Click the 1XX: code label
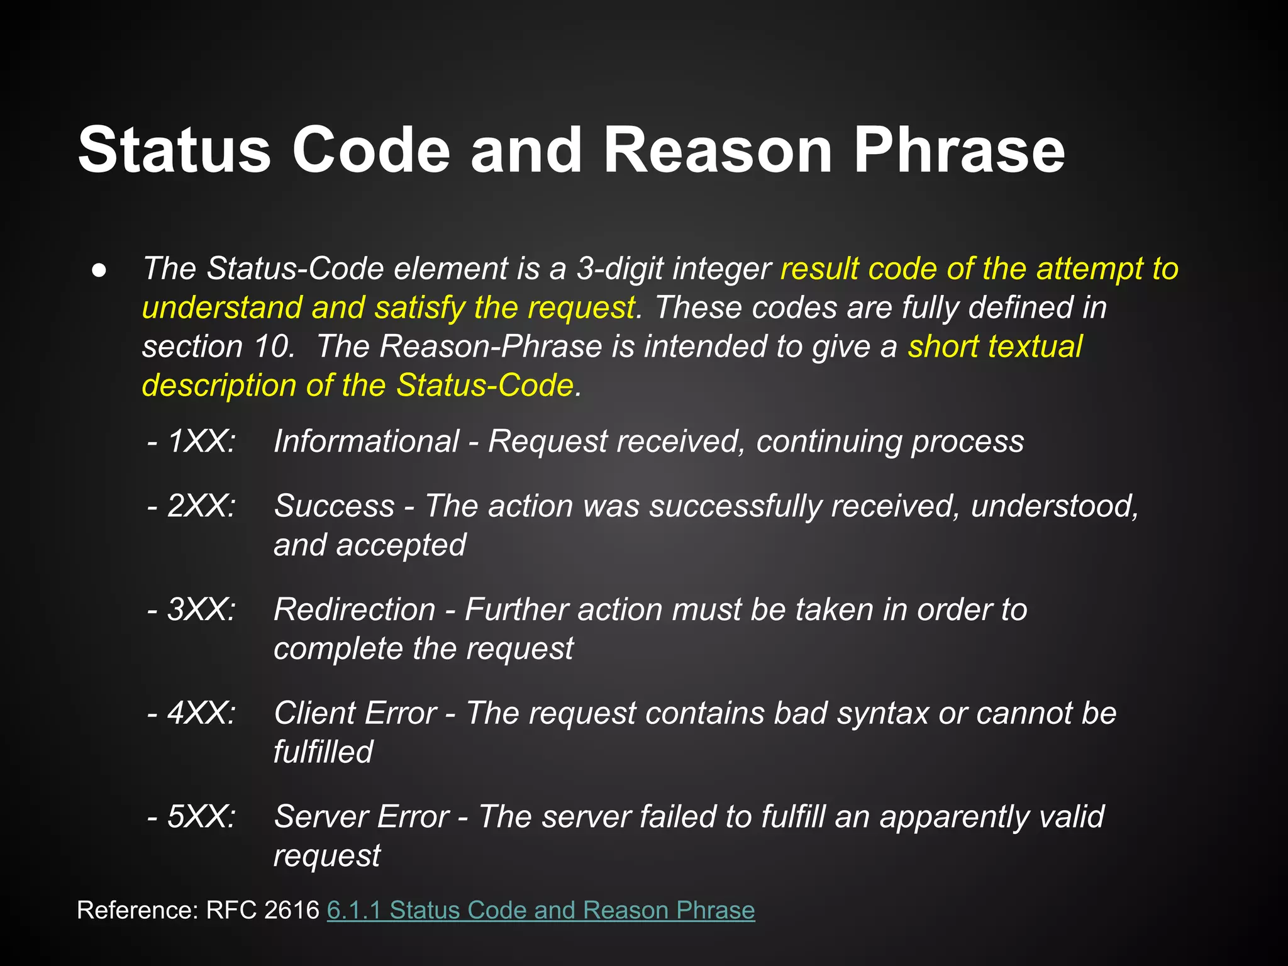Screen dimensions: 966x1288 (x=201, y=441)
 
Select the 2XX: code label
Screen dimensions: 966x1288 (x=201, y=506)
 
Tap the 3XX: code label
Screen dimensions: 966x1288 (x=201, y=609)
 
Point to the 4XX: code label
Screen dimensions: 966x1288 (x=201, y=713)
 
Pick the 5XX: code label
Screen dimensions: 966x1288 (x=201, y=817)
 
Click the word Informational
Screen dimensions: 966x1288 (x=367, y=441)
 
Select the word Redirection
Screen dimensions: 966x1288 (x=355, y=609)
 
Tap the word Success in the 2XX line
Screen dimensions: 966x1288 (x=335, y=506)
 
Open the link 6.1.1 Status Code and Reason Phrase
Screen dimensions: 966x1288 (x=541, y=910)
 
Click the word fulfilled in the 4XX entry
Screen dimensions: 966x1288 (x=323, y=752)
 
